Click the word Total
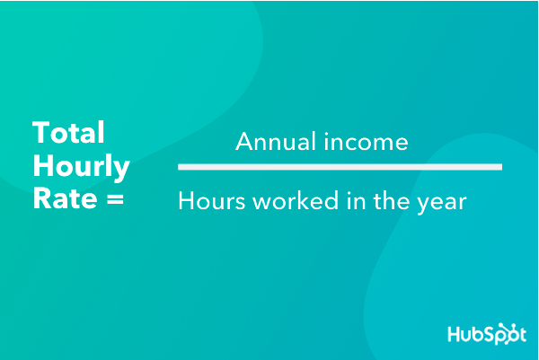tap(68, 133)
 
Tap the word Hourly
tap(82, 168)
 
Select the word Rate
tap(66, 198)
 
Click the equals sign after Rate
tap(115, 199)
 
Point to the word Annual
tap(276, 141)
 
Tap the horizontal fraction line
tap(340, 167)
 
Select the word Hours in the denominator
tap(212, 200)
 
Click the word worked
tap(296, 200)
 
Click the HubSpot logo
tap(487, 334)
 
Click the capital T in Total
tap(41, 133)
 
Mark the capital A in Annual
tap(245, 141)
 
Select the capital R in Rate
tap(42, 198)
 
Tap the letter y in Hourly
tap(120, 170)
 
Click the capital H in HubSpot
tap(455, 334)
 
